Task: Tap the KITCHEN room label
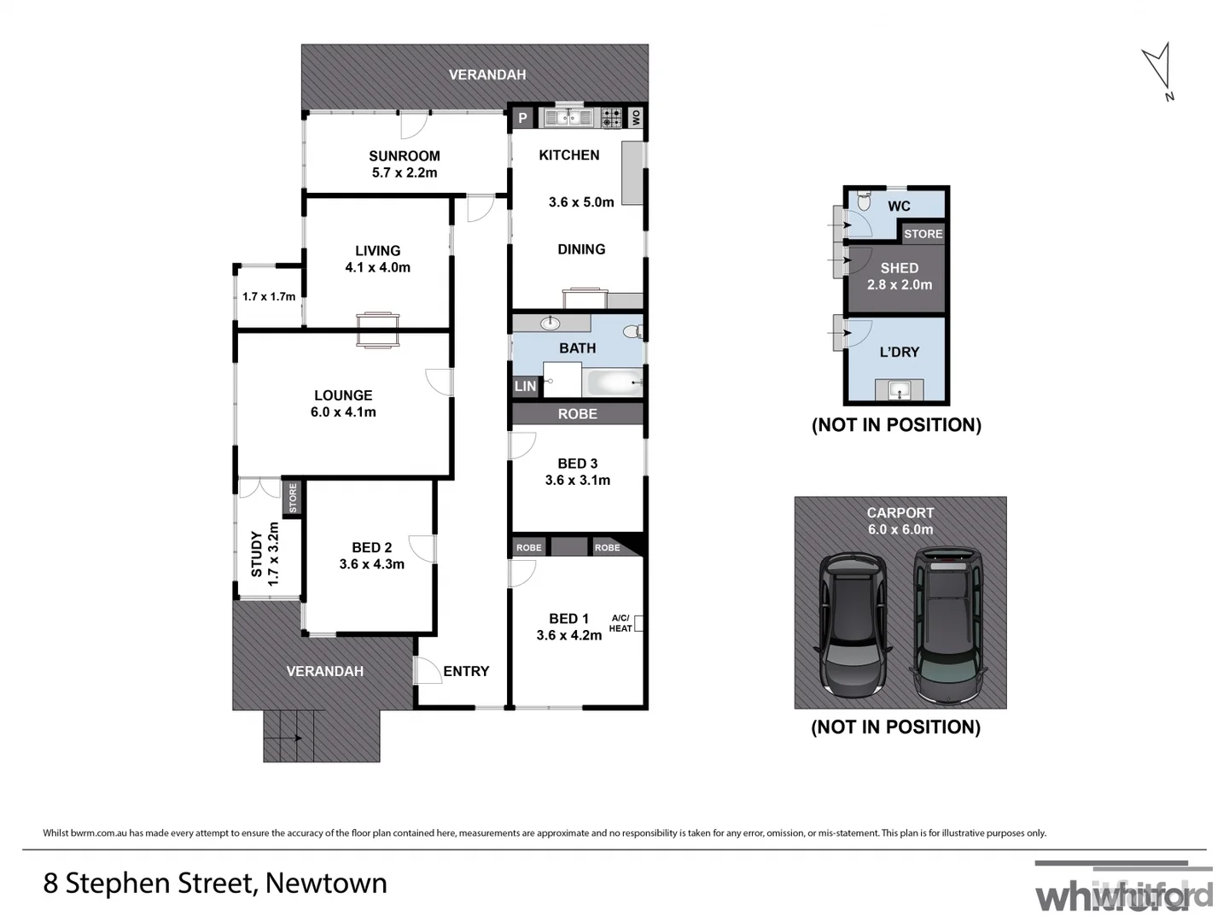568,155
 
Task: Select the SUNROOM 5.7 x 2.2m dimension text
405,172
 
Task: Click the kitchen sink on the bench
568,118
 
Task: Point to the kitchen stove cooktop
611,118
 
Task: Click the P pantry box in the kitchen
523,118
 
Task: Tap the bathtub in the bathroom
613,382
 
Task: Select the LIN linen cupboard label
525,386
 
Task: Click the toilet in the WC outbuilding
863,201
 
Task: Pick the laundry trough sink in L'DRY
900,390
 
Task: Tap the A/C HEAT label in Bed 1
620,623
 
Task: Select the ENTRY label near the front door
466,671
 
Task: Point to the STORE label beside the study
293,498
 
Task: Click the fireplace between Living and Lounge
377,330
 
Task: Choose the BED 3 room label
577,464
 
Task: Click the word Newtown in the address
326,883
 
